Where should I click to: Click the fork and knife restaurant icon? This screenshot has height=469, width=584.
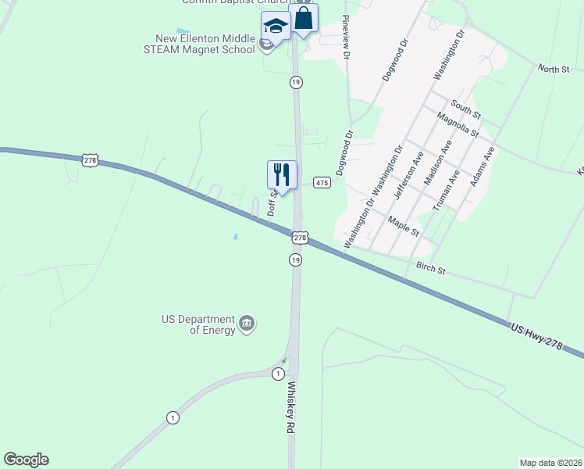pyautogui.click(x=282, y=174)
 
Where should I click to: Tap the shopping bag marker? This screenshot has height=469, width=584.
pyautogui.click(x=303, y=18)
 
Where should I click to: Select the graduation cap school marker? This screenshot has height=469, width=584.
pyautogui.click(x=276, y=26)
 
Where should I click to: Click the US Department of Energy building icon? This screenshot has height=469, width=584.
pyautogui.click(x=247, y=324)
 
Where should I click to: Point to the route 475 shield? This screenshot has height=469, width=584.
pyautogui.click(x=322, y=182)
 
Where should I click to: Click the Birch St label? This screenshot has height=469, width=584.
pyautogui.click(x=430, y=269)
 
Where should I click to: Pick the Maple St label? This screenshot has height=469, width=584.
pyautogui.click(x=404, y=227)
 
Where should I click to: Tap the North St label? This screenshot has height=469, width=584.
pyautogui.click(x=554, y=69)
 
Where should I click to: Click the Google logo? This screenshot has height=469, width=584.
pyautogui.click(x=26, y=460)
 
